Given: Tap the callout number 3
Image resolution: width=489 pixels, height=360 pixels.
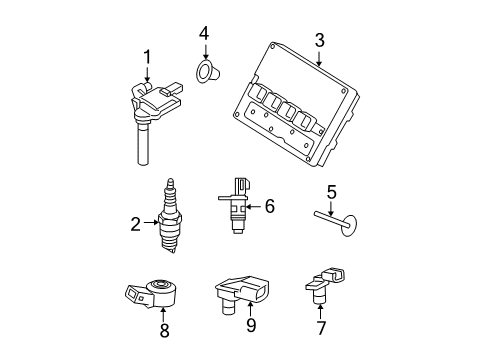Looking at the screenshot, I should pyautogui.click(x=319, y=40).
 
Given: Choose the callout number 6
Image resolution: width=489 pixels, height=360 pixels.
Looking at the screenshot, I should pyautogui.click(x=269, y=207).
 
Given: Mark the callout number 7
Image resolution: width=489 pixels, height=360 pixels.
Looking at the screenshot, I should pyautogui.click(x=320, y=326).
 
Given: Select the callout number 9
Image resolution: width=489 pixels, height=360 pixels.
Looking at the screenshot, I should pyautogui.click(x=251, y=325).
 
